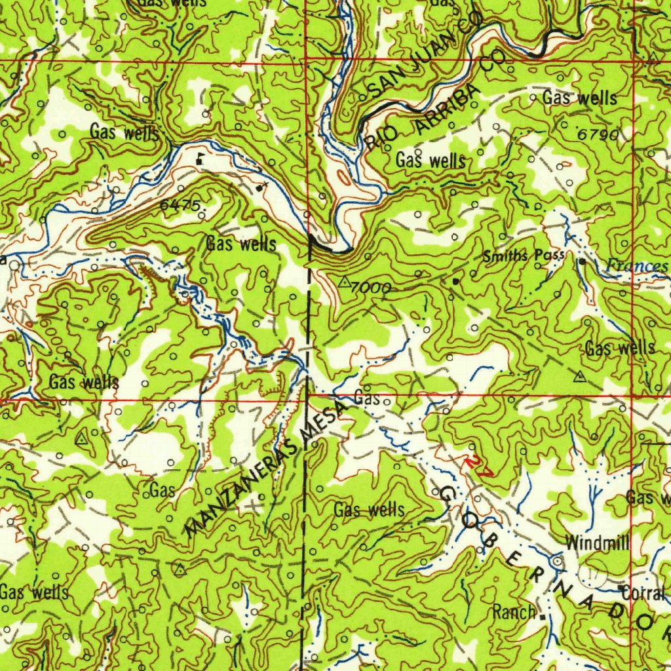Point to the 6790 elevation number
(598, 134)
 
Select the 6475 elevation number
(180, 205)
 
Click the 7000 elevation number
(371, 288)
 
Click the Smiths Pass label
(523, 256)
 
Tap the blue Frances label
(636, 265)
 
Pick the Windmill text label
(597, 543)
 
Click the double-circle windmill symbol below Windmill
(558, 562)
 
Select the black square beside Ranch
(543, 615)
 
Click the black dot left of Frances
(583, 261)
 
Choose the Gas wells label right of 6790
(579, 99)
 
